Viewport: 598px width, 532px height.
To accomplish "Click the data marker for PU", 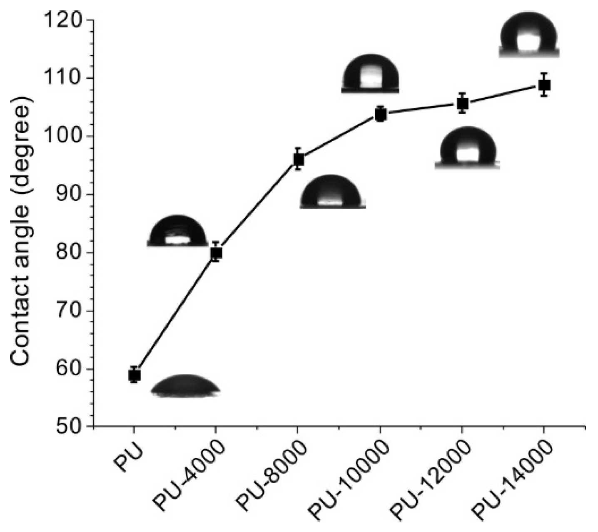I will [x=134, y=375].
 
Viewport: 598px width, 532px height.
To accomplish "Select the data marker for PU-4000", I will [x=216, y=252].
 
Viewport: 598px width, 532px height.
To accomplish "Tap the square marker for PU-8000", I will [x=298, y=159].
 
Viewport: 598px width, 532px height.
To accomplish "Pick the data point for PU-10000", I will [x=380, y=115].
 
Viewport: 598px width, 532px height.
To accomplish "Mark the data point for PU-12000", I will [x=462, y=104].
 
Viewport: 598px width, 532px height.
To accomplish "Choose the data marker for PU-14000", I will [x=544, y=85].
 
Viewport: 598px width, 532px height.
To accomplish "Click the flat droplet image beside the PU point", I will [x=185, y=386].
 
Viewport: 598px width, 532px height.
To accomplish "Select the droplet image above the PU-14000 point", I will [x=528, y=35].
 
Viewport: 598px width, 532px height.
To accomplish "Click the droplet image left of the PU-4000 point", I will [x=177, y=232].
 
